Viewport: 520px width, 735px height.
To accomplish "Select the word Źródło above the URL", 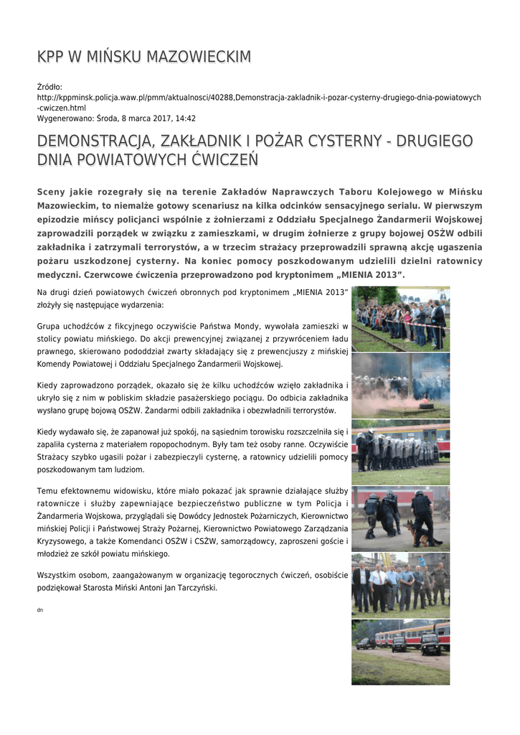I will pos(49,87).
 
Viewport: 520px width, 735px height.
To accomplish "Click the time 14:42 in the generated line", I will pos(185,118).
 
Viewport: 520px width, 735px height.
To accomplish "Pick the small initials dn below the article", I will pos(40,609).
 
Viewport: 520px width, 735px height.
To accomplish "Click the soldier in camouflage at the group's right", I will pos(439,582).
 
